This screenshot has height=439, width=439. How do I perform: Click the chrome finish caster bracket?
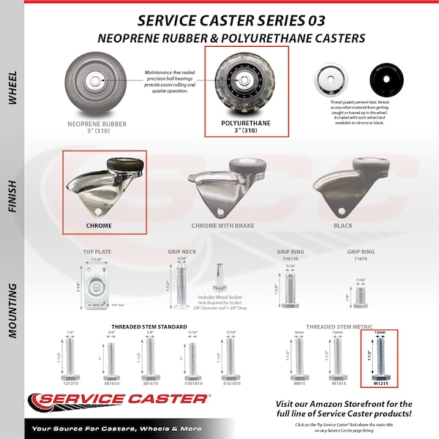[x=102, y=187]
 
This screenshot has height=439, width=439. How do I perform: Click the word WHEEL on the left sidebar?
[x=12, y=88]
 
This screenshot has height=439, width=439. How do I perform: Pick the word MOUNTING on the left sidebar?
[x=12, y=307]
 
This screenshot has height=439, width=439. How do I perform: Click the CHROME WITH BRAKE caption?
[x=222, y=226]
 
